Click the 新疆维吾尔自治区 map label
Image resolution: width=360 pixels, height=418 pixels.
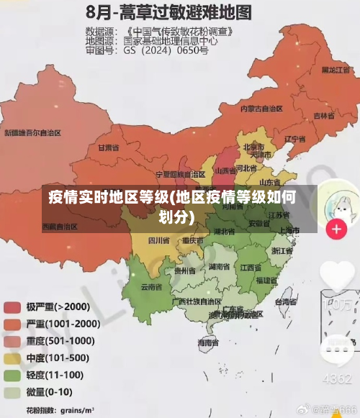click(32, 133)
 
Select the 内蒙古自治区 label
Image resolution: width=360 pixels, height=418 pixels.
click(261, 108)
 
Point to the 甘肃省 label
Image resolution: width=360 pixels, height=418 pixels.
click(108, 147)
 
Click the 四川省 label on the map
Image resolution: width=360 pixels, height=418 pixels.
click(158, 240)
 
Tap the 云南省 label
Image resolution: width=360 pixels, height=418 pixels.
click(151, 286)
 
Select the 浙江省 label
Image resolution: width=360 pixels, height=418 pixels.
click(282, 251)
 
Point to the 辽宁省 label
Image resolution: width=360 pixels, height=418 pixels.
click(295, 139)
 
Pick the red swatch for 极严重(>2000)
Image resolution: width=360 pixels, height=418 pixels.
click(12, 306)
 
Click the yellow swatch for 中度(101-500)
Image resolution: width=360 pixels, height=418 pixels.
click(12, 358)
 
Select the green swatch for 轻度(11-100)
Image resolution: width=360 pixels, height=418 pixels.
click(12, 375)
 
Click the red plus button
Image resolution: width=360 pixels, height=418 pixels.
click(336, 230)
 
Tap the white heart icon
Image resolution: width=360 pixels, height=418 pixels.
click(336, 276)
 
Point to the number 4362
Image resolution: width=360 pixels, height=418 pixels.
click(336, 378)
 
